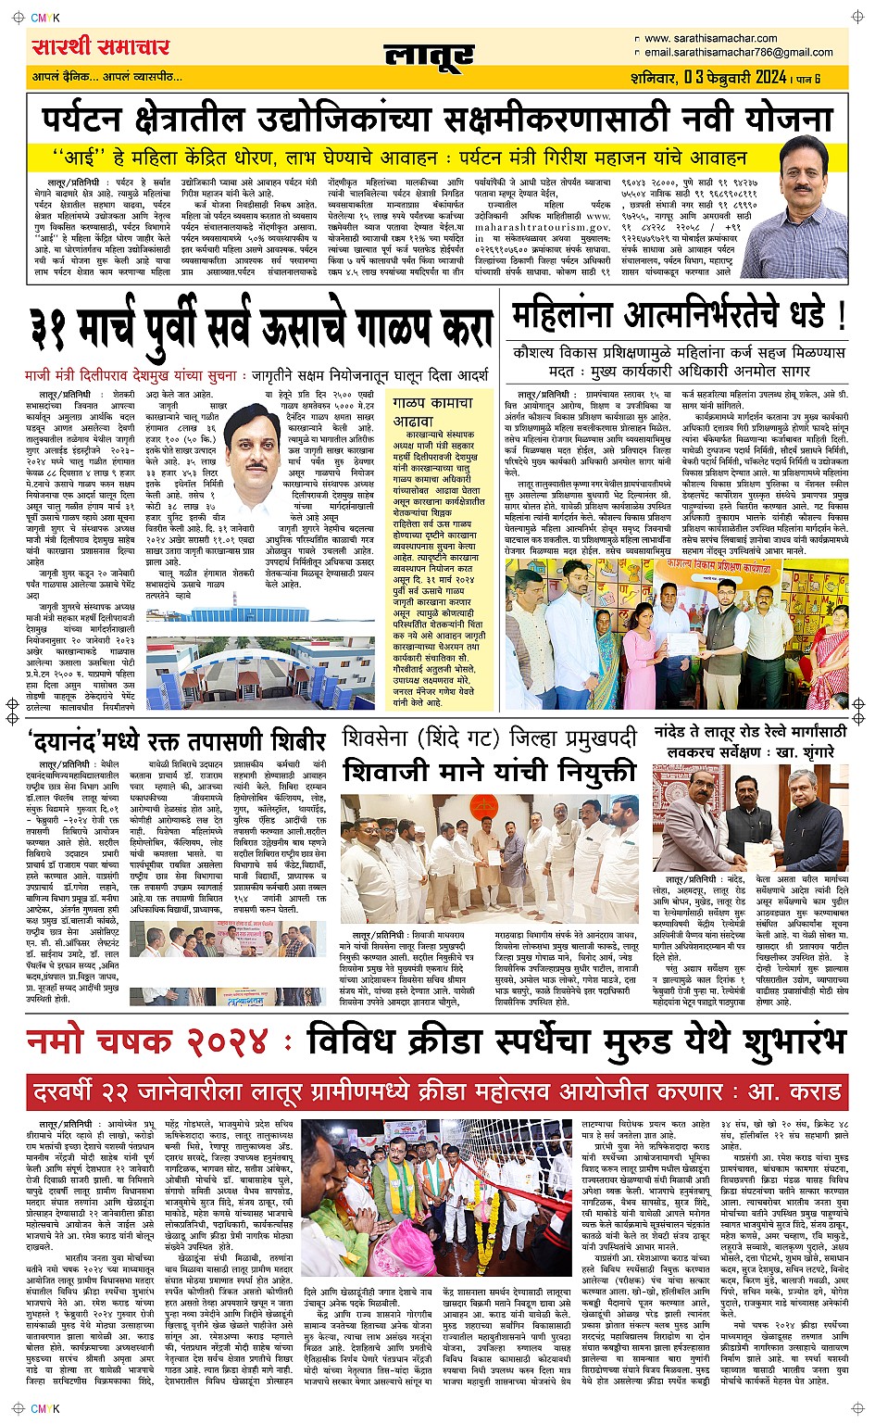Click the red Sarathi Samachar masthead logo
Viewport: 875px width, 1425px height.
[x=101, y=46]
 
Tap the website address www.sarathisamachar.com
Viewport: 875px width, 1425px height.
[x=710, y=39]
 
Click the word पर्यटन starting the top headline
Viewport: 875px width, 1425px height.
[x=81, y=120]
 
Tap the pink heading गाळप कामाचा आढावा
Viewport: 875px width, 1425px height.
[x=432, y=411]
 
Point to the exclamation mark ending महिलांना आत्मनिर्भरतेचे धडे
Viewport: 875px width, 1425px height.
[x=840, y=317]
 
